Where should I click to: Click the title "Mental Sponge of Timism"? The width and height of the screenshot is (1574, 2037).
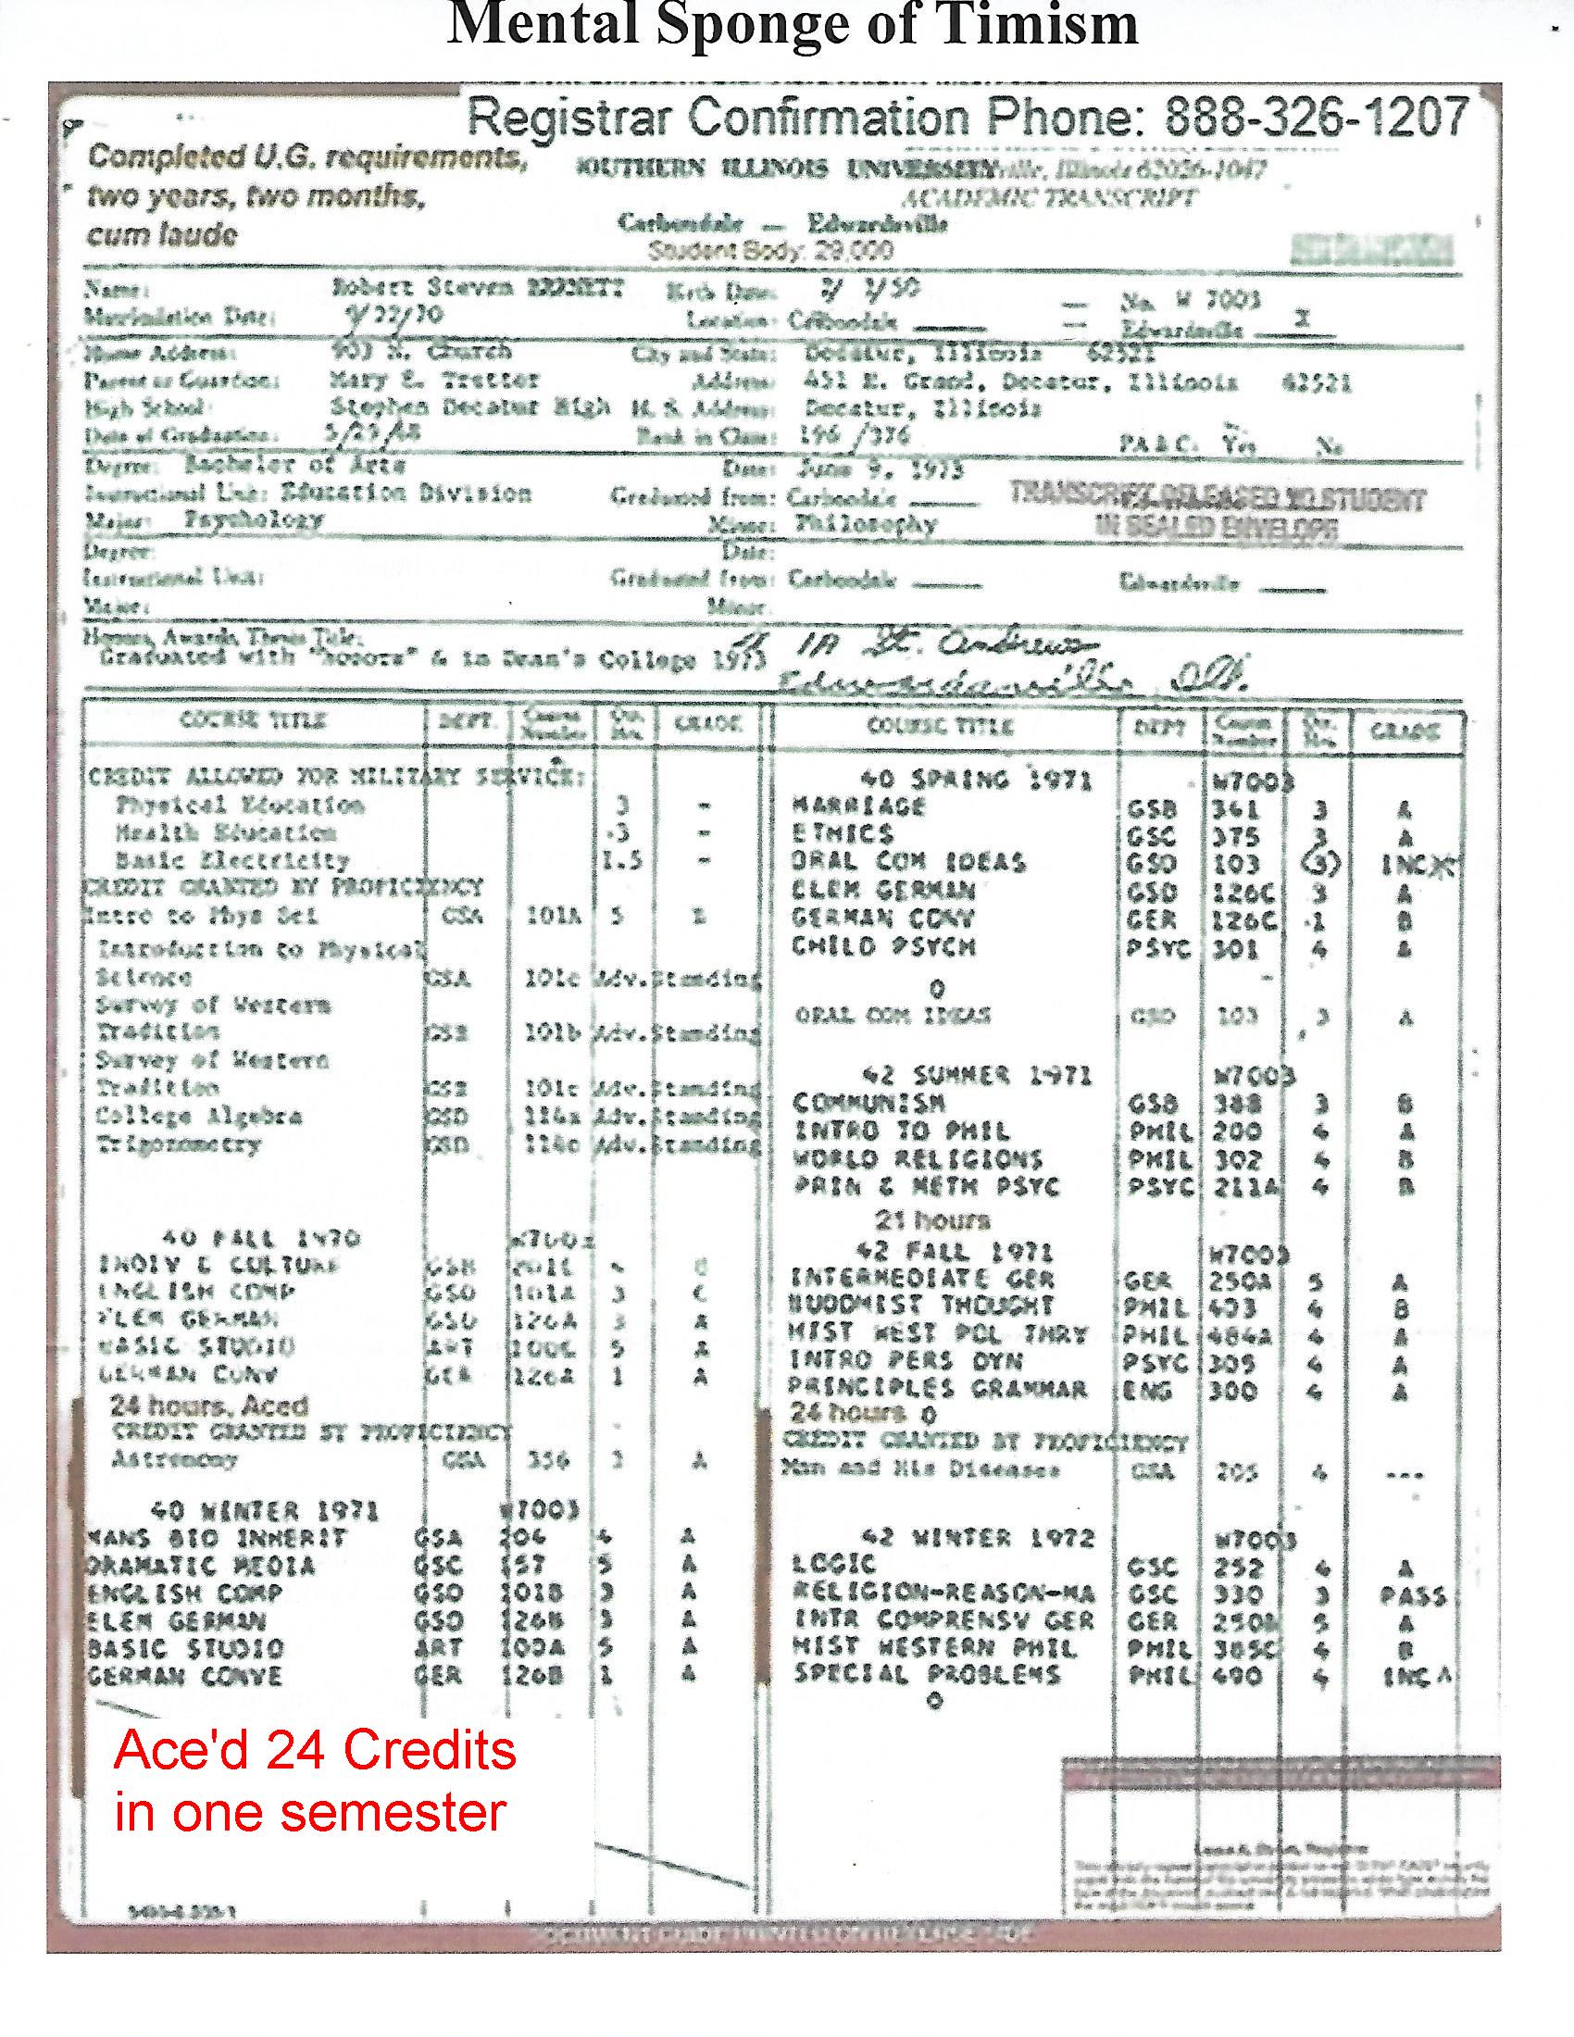click(793, 26)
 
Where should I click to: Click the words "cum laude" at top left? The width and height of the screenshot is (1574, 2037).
click(162, 235)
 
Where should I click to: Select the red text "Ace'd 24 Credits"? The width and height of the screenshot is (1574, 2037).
click(315, 1751)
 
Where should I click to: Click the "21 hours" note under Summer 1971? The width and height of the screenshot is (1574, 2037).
click(931, 1220)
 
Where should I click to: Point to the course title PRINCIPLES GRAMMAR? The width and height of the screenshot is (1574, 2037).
click(938, 1390)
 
